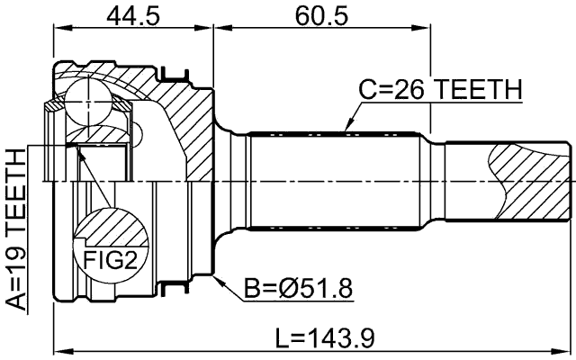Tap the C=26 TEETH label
pyautogui.click(x=440, y=90)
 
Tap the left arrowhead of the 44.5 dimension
pyautogui.click(x=58, y=28)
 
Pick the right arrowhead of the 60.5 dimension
pyautogui.click(x=426, y=28)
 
